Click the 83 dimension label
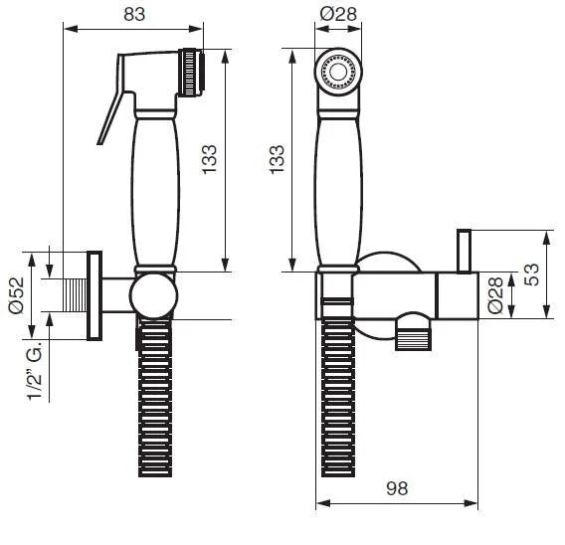pyautogui.click(x=134, y=14)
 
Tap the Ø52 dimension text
pyautogui.click(x=17, y=295)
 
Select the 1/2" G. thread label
pyautogui.click(x=35, y=371)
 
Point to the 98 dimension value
pyautogui.click(x=397, y=488)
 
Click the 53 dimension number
pyautogui.click(x=532, y=274)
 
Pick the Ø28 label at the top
pyautogui.click(x=338, y=14)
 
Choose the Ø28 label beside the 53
pyautogui.click(x=495, y=295)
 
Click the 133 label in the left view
pyautogui.click(x=209, y=160)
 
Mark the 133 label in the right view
pyautogui.click(x=278, y=160)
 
